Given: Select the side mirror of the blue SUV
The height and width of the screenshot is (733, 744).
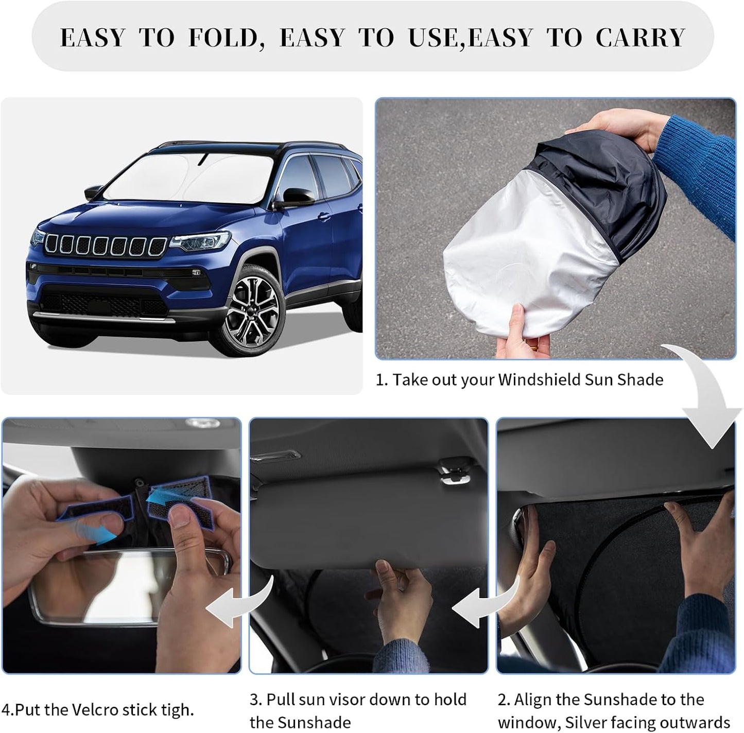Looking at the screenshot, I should coord(296,197).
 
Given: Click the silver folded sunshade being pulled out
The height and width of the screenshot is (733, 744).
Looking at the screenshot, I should coord(530,257).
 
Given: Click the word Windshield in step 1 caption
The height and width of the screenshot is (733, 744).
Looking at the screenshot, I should coord(539,380).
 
